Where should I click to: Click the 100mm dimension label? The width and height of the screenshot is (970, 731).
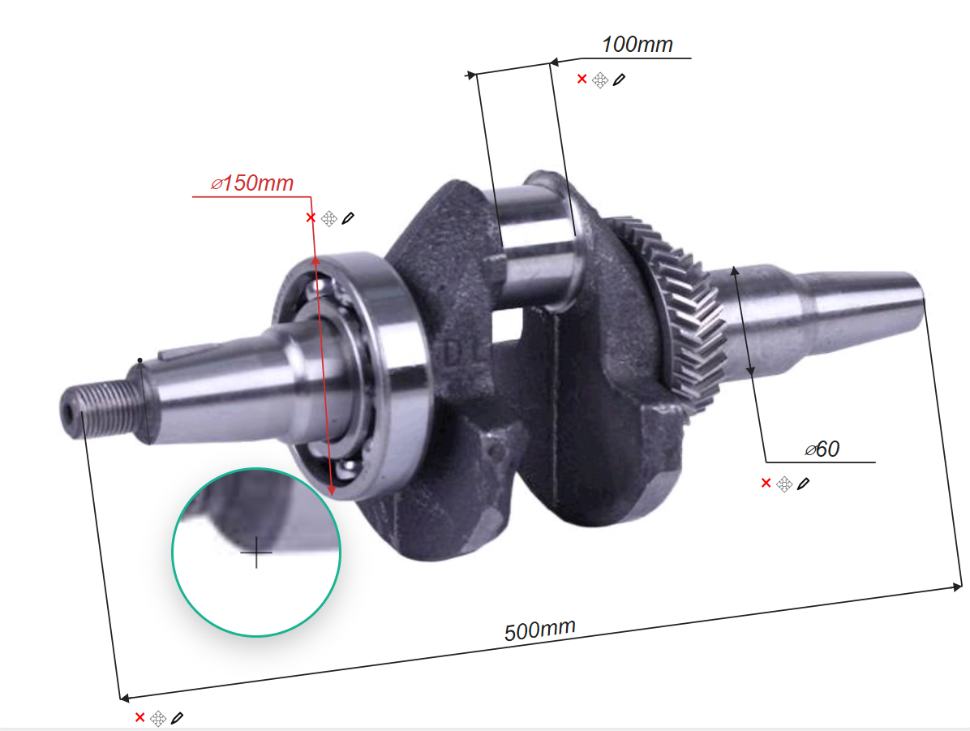[637, 45]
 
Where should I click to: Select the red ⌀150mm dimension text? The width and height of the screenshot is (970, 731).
[251, 183]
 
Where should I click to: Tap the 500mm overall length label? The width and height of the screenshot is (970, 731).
[540, 630]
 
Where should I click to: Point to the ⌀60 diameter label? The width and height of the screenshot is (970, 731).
[822, 449]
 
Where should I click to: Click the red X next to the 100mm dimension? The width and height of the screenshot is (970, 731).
[582, 80]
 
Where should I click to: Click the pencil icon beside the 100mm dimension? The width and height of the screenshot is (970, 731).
[620, 80]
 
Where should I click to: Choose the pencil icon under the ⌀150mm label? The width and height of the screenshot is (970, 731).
[348, 218]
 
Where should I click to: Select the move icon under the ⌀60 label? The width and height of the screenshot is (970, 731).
[784, 484]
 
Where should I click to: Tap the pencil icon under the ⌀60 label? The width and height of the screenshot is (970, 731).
[804, 484]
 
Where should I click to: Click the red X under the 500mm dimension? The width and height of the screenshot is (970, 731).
[139, 717]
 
